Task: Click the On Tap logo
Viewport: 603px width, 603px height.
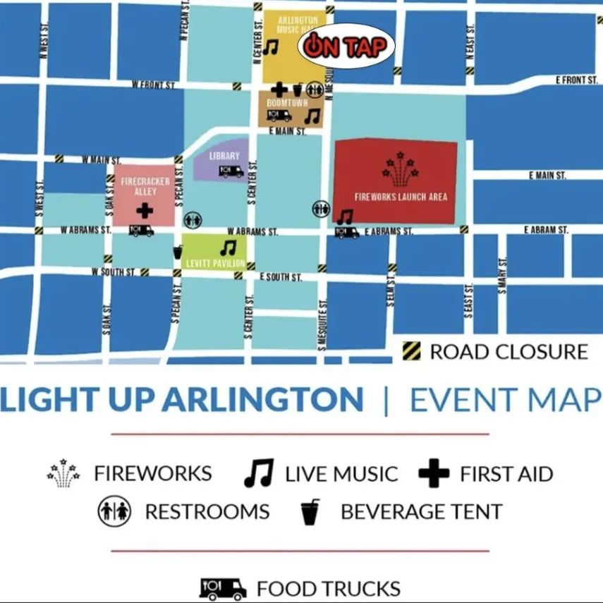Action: [346, 47]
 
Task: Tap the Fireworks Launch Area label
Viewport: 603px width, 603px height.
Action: [401, 197]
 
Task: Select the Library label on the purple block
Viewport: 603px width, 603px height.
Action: [224, 156]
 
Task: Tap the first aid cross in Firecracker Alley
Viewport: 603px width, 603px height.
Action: [145, 209]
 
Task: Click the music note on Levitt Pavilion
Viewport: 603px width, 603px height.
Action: [227, 248]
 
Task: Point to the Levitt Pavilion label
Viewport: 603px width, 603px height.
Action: [215, 264]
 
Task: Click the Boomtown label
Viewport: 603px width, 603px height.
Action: [287, 103]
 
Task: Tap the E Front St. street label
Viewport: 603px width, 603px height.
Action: [576, 80]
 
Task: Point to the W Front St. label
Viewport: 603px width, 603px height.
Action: [154, 85]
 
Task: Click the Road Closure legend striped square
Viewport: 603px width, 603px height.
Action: [411, 351]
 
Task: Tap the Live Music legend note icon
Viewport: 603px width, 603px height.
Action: [258, 474]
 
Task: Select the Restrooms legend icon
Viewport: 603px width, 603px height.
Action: [114, 511]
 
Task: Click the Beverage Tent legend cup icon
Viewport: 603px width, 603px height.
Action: [310, 512]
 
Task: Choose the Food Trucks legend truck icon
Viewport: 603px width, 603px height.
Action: [223, 587]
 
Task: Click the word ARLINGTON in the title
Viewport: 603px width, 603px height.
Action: [263, 400]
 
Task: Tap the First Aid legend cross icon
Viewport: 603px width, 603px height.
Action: [433, 474]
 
